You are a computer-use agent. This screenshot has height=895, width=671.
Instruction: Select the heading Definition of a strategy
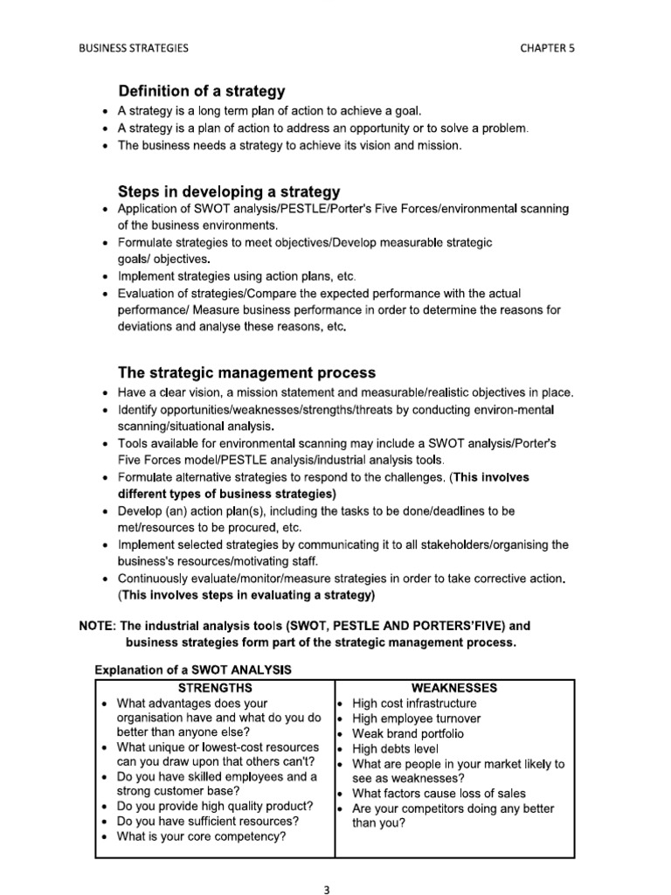tap(201, 91)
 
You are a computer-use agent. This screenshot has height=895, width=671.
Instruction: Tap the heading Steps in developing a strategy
tap(229, 191)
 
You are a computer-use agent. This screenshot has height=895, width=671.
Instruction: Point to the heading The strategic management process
tap(247, 373)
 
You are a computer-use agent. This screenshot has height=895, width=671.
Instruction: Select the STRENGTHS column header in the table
tap(214, 688)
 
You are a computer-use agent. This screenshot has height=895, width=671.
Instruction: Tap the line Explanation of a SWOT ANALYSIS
tap(195, 670)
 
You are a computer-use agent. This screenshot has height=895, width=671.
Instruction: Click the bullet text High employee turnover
tap(416, 718)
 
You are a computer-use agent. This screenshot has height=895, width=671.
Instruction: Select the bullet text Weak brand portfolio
tap(408, 733)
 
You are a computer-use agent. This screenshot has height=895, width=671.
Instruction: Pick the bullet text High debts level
tap(395, 749)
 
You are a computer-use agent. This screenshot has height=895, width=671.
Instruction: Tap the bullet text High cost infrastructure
tap(414, 704)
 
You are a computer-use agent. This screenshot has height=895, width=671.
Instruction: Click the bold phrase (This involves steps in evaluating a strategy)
tap(246, 595)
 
